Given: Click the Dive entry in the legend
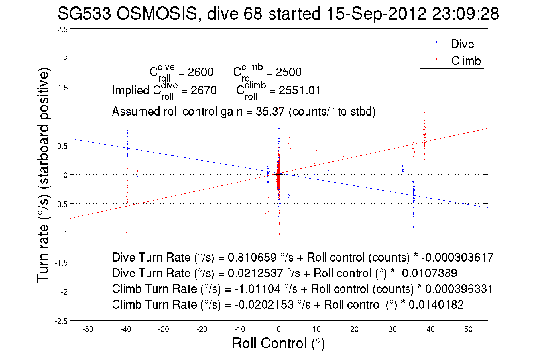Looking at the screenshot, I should [x=462, y=44].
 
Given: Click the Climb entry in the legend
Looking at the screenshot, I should [x=466, y=61].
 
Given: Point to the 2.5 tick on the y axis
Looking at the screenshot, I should [x=63, y=30].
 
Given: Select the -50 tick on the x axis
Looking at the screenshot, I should [x=88, y=329].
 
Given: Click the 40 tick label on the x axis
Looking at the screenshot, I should [x=430, y=329].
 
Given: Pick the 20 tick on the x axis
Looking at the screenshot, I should [x=354, y=329].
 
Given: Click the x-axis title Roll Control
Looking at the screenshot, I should [x=278, y=343].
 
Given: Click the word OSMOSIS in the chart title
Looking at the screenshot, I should [x=156, y=13].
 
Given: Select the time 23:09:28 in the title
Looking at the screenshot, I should [x=465, y=13].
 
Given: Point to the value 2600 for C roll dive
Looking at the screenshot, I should [x=200, y=72].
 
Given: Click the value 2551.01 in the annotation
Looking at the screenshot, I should [x=299, y=91].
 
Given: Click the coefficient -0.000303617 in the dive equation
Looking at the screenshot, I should [x=457, y=258].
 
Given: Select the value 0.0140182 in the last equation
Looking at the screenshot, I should [x=436, y=305].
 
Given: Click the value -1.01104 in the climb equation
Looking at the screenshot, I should [x=257, y=289].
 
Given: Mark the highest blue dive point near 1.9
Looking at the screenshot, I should [x=280, y=62].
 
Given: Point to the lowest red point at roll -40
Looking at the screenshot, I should [x=127, y=232].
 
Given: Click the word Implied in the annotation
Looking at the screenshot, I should [x=131, y=90].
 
